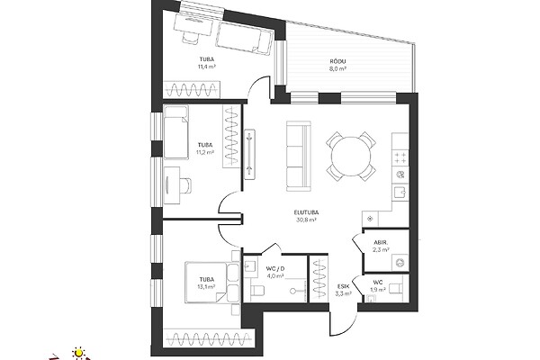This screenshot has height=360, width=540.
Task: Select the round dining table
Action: [x=351, y=156]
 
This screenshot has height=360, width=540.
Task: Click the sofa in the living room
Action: [x=299, y=156]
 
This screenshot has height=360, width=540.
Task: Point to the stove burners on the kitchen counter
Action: [x=400, y=158]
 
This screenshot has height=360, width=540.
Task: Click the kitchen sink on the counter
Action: [x=400, y=191]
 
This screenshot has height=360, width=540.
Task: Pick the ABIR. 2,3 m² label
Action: [x=382, y=246]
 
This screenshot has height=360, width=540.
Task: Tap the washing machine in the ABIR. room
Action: [x=400, y=263]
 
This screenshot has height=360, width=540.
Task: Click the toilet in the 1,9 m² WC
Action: [x=396, y=286]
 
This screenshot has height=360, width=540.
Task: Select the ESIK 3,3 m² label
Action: [x=344, y=290]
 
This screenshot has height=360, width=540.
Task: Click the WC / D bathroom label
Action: [x=275, y=269]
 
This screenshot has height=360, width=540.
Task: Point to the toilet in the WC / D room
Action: [x=257, y=291]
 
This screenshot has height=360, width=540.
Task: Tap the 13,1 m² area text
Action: [x=207, y=286]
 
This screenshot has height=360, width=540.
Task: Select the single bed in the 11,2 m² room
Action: [x=176, y=132]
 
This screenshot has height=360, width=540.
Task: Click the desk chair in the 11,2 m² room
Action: [x=186, y=186]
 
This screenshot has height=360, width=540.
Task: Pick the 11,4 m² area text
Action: [x=207, y=67]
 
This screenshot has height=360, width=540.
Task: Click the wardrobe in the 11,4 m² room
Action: [x=191, y=90]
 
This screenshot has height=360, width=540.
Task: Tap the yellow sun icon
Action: [x=79, y=353]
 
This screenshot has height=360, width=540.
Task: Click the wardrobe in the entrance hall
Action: [x=319, y=279]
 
